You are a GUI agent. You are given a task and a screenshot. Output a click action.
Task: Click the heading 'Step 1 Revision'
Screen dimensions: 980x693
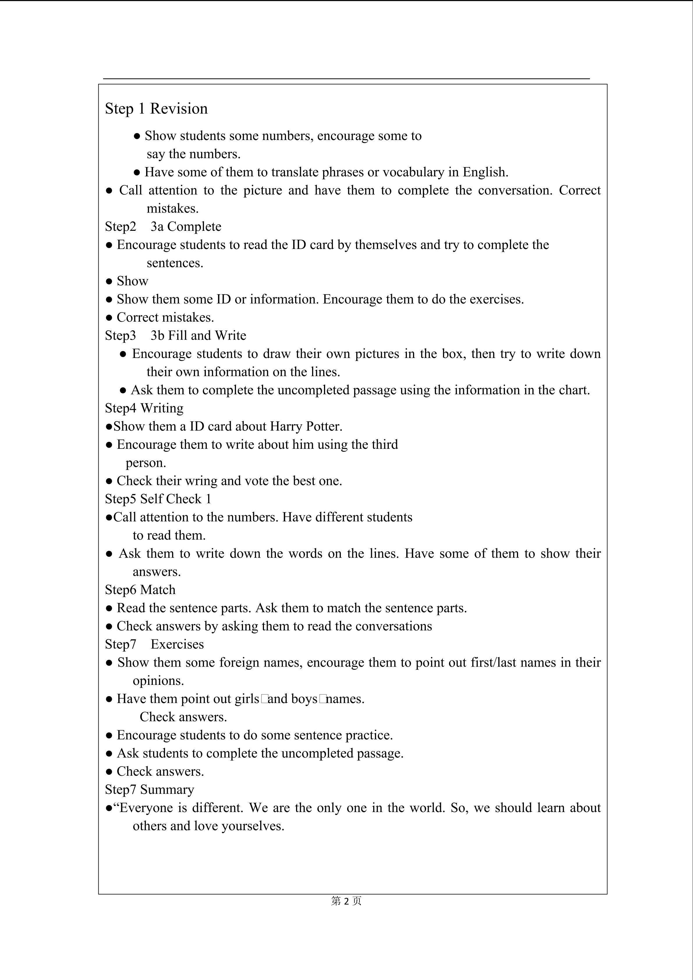click(156, 109)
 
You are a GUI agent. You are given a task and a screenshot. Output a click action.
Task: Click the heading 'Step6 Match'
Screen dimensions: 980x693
click(140, 590)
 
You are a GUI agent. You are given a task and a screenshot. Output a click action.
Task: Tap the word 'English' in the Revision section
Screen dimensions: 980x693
click(485, 172)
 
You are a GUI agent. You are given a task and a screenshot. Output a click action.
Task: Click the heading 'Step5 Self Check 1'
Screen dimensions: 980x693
click(158, 499)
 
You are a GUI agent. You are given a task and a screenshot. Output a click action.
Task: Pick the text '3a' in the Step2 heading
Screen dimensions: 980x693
click(157, 227)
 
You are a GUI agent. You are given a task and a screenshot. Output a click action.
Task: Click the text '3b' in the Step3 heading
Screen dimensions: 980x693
click(157, 336)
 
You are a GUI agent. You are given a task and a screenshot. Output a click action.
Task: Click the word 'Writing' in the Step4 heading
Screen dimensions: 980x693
click(162, 408)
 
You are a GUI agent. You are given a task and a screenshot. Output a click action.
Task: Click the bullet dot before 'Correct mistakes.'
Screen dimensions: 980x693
click(109, 318)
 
